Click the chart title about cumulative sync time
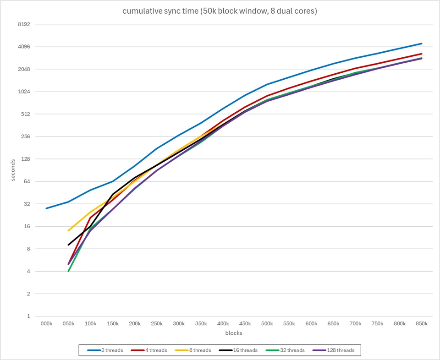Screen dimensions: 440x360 click(x=220, y=11)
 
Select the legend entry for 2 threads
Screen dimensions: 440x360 click(x=105, y=350)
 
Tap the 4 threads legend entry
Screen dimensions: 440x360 click(x=149, y=350)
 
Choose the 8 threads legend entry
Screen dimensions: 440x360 click(x=193, y=350)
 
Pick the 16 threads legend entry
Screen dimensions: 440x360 click(x=238, y=350)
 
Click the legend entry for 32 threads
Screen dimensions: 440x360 click(x=285, y=350)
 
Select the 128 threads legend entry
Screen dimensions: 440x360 click(x=333, y=350)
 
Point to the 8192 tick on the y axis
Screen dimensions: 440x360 click(x=24, y=24)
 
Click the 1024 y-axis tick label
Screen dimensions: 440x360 click(x=24, y=92)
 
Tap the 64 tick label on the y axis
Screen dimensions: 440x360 click(x=27, y=181)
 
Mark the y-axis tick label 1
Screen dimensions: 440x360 click(x=28, y=316)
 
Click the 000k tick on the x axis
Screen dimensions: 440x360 click(x=46, y=323)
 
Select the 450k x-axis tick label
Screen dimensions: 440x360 click(x=245, y=323)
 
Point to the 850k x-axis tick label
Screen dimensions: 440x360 click(x=422, y=323)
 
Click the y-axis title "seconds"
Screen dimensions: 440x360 click(x=13, y=170)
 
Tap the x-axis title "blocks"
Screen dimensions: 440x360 click(x=234, y=333)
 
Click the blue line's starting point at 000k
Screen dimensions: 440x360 click(x=46, y=208)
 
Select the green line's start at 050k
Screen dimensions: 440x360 click(x=68, y=271)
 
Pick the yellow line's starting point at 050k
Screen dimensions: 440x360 click(x=68, y=231)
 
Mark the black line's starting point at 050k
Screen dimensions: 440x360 click(x=68, y=245)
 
